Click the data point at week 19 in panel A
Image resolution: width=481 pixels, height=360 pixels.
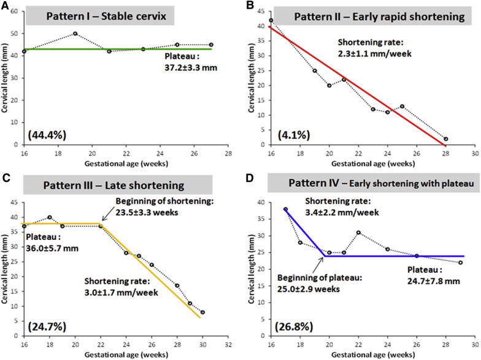click(75, 34)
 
